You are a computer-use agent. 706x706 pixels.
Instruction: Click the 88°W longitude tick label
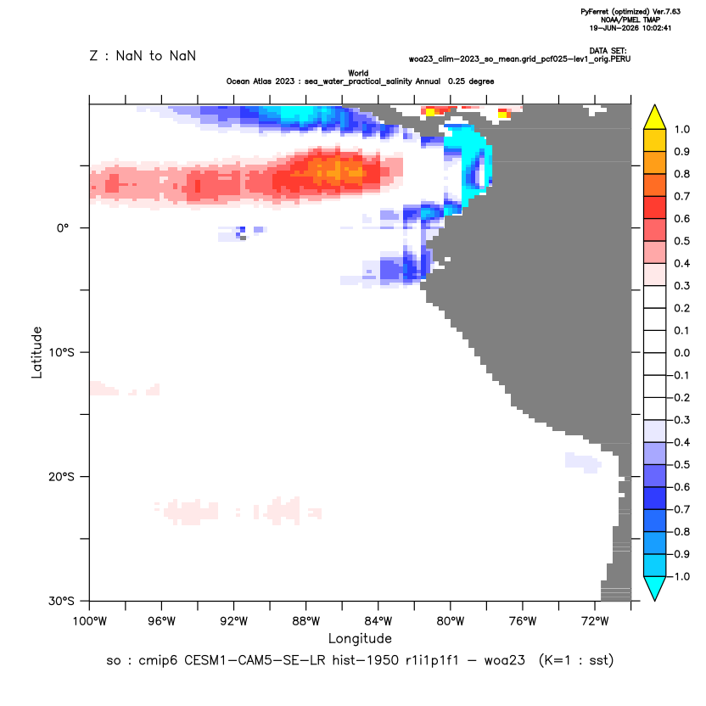coord(305,621)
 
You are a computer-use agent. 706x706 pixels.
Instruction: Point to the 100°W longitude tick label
coord(90,621)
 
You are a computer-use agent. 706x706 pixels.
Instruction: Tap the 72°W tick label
coord(595,621)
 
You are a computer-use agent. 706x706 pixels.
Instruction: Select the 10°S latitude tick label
coord(61,352)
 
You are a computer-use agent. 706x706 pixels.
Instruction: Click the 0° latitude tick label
coord(63,228)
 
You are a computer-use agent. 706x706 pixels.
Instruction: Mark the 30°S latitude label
coord(61,601)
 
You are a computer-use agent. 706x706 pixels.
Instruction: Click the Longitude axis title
coord(360,638)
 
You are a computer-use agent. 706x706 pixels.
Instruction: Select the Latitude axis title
coord(36,352)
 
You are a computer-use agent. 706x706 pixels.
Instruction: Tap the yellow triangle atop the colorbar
coord(655,116)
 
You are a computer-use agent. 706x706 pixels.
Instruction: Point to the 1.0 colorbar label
coord(681,130)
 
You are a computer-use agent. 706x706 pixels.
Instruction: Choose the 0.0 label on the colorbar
coord(681,353)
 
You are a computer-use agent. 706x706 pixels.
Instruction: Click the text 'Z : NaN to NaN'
coord(143,56)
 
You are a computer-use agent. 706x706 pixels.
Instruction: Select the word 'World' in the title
coord(358,73)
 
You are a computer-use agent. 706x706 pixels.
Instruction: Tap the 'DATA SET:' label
coord(608,51)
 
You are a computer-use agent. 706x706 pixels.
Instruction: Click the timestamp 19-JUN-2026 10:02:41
coord(630,28)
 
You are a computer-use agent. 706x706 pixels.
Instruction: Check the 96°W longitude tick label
coord(161,621)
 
